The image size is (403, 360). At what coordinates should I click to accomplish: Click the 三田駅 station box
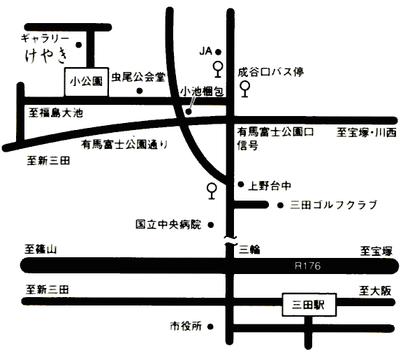pyautogui.click(x=309, y=305)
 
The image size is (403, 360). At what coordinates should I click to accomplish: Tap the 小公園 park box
pyautogui.click(x=86, y=82)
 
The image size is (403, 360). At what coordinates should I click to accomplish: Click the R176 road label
pyautogui.click(x=307, y=266)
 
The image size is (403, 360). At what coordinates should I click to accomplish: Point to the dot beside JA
pyautogui.click(x=218, y=52)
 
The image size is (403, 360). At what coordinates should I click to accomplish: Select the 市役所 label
pyautogui.click(x=186, y=326)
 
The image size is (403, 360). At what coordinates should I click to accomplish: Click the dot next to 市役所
pyautogui.click(x=210, y=327)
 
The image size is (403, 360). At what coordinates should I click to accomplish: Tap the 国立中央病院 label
pyautogui.click(x=168, y=224)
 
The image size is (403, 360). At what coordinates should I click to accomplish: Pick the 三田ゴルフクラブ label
pyautogui.click(x=333, y=205)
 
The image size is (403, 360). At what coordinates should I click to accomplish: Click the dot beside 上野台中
pyautogui.click(x=241, y=184)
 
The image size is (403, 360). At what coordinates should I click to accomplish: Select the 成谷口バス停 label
pyautogui.click(x=270, y=72)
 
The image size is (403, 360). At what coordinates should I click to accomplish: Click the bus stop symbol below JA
pyautogui.click(x=218, y=69)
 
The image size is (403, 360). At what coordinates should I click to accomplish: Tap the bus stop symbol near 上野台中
pyautogui.click(x=212, y=191)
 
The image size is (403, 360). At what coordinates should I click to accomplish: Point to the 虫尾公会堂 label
pyautogui.click(x=138, y=77)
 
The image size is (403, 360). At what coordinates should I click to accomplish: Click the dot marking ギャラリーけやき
pyautogui.click(x=79, y=45)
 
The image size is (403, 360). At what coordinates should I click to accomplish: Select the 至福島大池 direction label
pyautogui.click(x=56, y=113)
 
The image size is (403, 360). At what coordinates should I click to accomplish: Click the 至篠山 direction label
pyautogui.click(x=41, y=249)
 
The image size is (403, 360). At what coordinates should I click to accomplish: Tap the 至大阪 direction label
pyautogui.click(x=375, y=291)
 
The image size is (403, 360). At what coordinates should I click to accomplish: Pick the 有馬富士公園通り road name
pyautogui.click(x=124, y=144)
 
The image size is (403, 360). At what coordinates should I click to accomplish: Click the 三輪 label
pyautogui.click(x=249, y=250)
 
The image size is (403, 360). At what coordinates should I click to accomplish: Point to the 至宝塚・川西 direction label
pyautogui.click(x=367, y=133)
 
